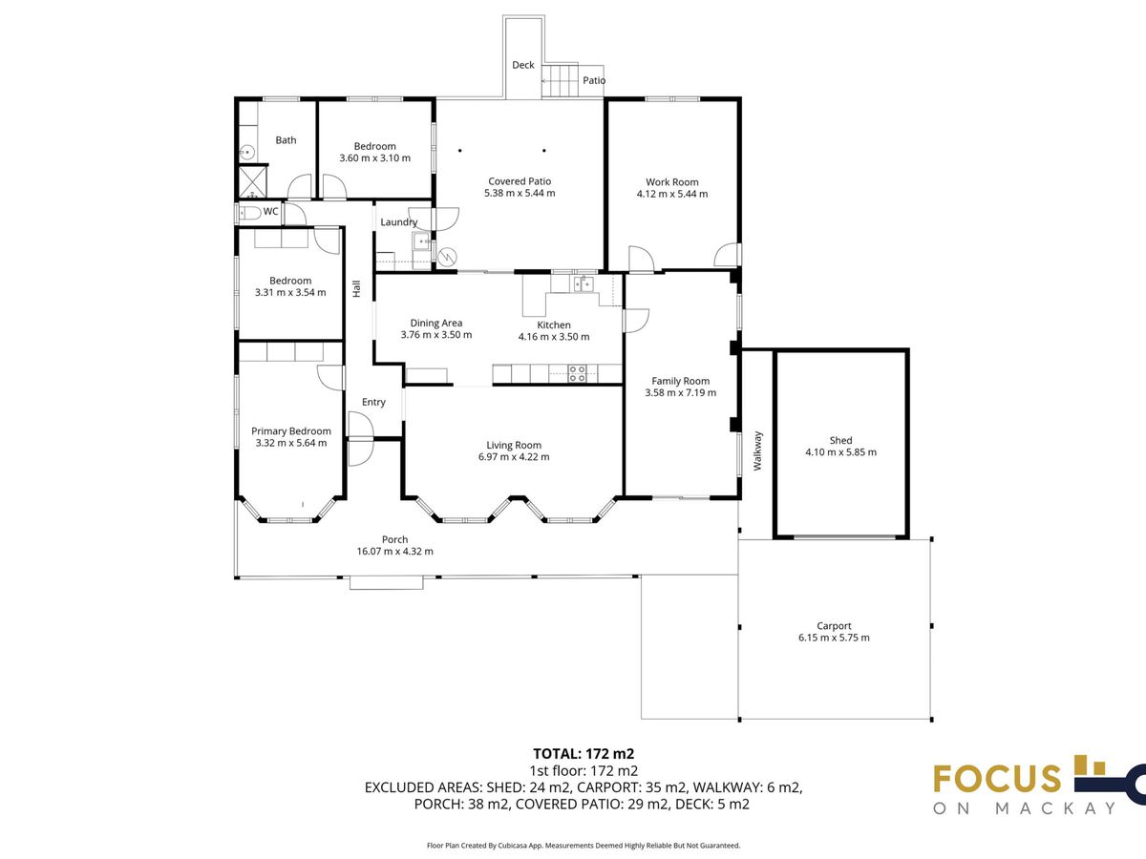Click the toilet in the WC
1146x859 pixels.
click(249, 213)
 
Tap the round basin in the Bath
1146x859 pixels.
click(247, 153)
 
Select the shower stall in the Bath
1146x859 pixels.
click(253, 181)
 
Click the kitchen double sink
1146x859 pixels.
click(584, 284)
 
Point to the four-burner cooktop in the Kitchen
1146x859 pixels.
click(577, 373)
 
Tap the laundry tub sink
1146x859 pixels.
click(421, 241)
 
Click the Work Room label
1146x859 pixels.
click(672, 182)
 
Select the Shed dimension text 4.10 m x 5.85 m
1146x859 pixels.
click(840, 452)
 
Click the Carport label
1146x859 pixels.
click(834, 625)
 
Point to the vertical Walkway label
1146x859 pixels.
click(757, 450)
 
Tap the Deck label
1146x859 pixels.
click(523, 65)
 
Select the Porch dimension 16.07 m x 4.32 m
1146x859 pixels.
click(394, 551)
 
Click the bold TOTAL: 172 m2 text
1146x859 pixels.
click(584, 753)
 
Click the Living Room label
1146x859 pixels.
click(514, 445)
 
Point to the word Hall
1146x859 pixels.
click(356, 288)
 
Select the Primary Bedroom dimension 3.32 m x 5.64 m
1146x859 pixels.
click(291, 443)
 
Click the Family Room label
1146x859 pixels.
click(680, 381)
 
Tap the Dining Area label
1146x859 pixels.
click(435, 323)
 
